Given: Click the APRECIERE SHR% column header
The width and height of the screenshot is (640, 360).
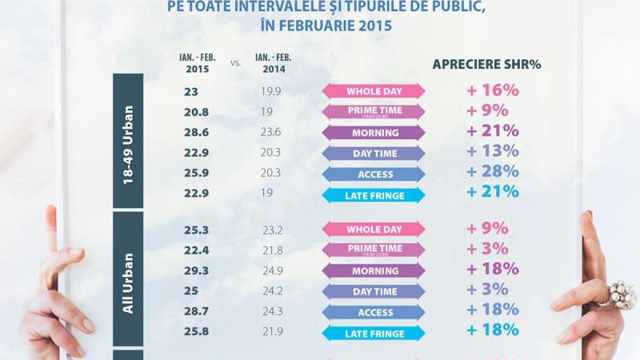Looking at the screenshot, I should (486, 65).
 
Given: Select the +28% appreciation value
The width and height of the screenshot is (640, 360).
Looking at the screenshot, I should (492, 171).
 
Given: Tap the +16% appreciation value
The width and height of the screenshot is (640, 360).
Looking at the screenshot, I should (492, 90).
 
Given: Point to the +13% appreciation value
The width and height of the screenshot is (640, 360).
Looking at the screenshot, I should (492, 151).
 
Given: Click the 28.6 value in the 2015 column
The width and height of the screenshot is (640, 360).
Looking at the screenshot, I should (194, 133).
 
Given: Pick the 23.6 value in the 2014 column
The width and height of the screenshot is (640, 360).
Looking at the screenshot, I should (271, 133).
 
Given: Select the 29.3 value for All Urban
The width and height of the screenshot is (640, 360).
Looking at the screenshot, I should (194, 271).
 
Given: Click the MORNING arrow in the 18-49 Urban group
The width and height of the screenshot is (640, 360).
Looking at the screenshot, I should (374, 133).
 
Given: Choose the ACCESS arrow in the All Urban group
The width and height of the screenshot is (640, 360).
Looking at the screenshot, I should (374, 313).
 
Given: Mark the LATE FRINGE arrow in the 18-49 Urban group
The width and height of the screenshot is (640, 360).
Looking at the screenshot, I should (374, 196).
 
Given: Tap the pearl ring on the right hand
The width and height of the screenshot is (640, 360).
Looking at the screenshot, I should (621, 294).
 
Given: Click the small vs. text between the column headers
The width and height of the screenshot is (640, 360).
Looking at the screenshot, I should (235, 63).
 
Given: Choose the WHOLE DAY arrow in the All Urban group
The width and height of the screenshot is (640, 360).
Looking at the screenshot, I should (374, 229).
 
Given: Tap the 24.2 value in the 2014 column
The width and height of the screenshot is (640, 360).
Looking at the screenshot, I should (271, 292).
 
